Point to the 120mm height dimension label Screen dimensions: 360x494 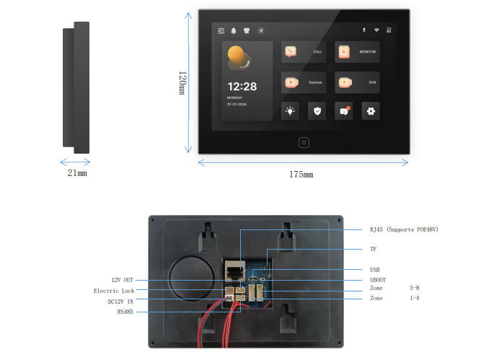[x=182, y=82]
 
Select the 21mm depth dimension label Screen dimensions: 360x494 [x=77, y=173]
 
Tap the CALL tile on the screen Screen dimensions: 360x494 [x=304, y=52]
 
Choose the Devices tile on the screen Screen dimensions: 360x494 [x=304, y=82]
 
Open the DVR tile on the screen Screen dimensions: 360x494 [x=357, y=82]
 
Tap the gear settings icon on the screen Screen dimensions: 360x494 [x=371, y=111]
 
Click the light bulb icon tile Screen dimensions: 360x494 [x=291, y=111]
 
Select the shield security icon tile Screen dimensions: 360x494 [x=317, y=111]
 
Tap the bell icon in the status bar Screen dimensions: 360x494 [x=233, y=30]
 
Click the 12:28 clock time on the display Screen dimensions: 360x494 [x=242, y=86]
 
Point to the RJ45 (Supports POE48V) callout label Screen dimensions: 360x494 [x=404, y=229]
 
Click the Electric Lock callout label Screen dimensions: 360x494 [x=114, y=291]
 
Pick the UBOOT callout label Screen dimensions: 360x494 [x=379, y=280]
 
